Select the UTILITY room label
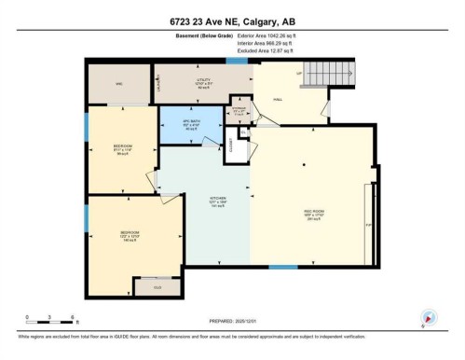tap(204, 82)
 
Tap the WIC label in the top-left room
tap(119, 83)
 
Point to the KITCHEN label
tap(218, 200)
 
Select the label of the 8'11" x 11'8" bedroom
tap(122, 146)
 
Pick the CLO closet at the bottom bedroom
tap(157, 287)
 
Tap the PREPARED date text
tap(231, 317)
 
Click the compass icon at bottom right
tap(429, 317)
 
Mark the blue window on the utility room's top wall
tap(237, 62)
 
